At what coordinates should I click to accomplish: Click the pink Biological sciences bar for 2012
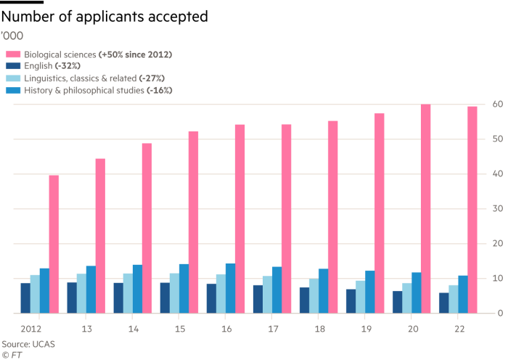[x=54, y=244]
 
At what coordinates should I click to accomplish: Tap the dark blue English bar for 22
[x=443, y=303]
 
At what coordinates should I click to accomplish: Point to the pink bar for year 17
[x=286, y=218]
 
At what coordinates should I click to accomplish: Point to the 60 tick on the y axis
[x=499, y=104]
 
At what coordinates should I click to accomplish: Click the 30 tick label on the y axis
[x=499, y=209]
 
